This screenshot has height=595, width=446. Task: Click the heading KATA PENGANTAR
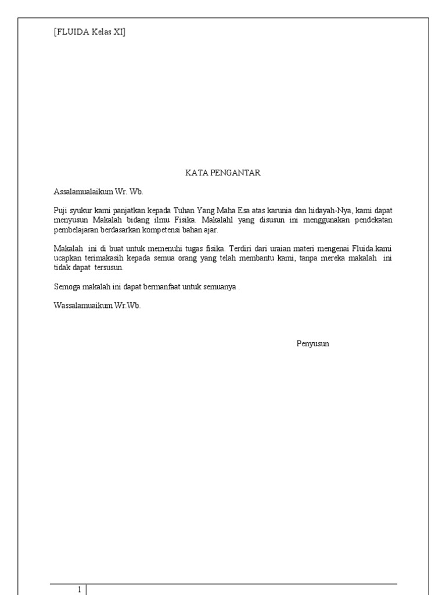pos(223,173)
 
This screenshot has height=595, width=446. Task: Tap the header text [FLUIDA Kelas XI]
pos(89,32)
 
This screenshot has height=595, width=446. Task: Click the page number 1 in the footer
pos(80,590)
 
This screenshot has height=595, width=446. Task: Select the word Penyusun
pos(312,343)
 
